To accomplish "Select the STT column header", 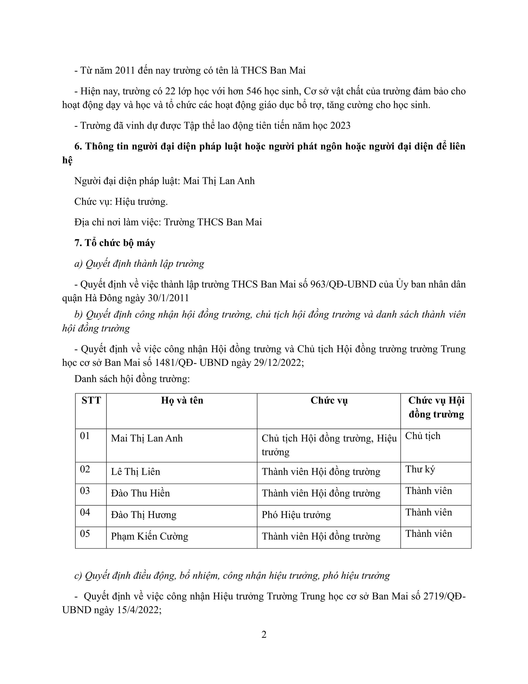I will click(x=91, y=400).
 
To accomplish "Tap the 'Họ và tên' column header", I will click(x=182, y=400).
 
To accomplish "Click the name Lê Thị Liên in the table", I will click(x=136, y=472).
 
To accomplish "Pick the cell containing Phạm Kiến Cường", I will click(x=150, y=536).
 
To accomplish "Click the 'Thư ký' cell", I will click(x=420, y=469).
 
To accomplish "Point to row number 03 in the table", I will click(x=85, y=491).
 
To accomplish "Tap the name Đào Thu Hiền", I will click(x=140, y=493).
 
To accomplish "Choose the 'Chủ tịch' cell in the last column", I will click(x=422, y=436).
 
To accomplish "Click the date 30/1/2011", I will click(x=168, y=298).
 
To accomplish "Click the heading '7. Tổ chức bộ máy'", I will click(x=115, y=243).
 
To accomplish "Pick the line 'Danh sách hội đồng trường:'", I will click(x=132, y=379).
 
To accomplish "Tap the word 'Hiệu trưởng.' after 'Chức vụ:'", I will click(x=141, y=202).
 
